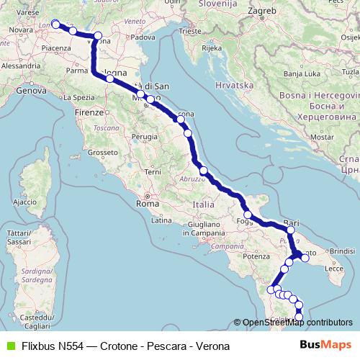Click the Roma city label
148,204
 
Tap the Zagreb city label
263,11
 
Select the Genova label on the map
31,91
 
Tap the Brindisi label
341,250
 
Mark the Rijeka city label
212,48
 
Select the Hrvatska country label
230,85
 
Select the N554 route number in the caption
73,346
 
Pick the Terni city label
153,171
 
